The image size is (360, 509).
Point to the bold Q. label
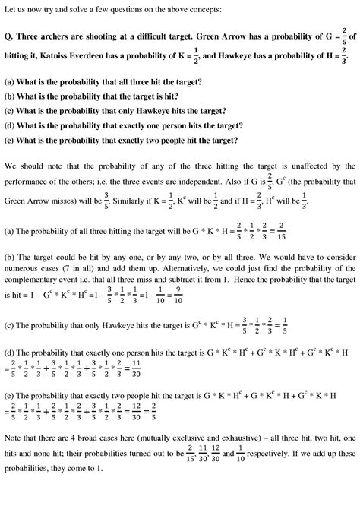[x=9, y=33]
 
